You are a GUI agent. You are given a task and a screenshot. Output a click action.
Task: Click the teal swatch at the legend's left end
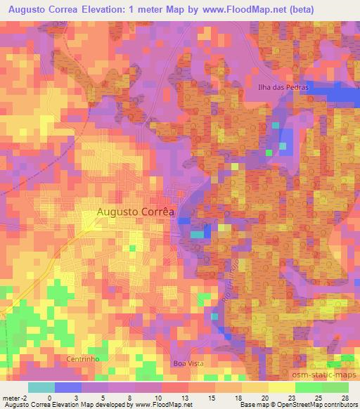[41, 387]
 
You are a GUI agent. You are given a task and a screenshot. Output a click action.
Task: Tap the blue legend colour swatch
[67, 387]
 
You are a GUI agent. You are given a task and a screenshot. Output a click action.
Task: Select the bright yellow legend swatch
[281, 387]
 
